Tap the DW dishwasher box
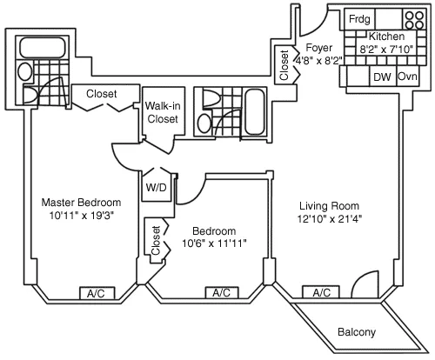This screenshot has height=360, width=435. (382, 77)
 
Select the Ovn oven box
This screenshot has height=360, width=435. (407, 77)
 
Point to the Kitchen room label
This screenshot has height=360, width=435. (385, 37)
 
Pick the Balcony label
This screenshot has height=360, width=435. (356, 332)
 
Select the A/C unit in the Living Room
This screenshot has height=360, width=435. (321, 293)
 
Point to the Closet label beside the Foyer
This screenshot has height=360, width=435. (284, 63)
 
